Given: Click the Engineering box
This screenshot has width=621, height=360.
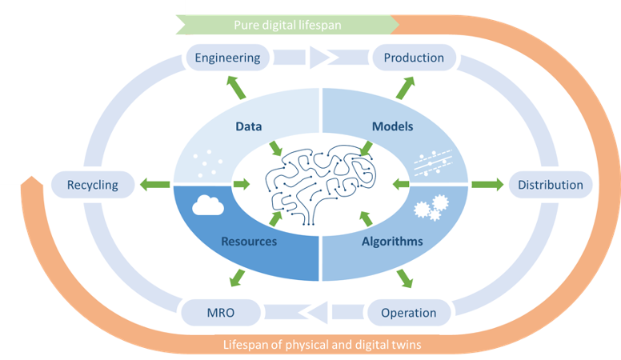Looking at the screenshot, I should pos(228,58).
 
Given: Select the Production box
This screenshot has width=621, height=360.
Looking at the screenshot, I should pos(414,58).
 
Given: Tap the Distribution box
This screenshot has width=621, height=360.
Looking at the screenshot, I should pos(551,185).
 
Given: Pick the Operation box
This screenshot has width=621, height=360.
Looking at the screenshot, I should pos(409,312).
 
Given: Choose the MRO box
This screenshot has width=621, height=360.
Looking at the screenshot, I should pos(221,312).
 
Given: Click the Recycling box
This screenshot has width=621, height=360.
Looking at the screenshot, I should pos(92,185).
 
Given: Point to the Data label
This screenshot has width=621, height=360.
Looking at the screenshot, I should pos(249,126).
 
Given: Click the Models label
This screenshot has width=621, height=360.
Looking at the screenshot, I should pos(392,126).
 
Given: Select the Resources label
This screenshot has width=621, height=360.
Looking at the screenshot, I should pos(249,241).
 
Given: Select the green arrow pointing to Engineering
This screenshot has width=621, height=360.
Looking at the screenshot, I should pos(235,87).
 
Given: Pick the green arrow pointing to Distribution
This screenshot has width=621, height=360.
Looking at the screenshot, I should pos(482,185).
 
